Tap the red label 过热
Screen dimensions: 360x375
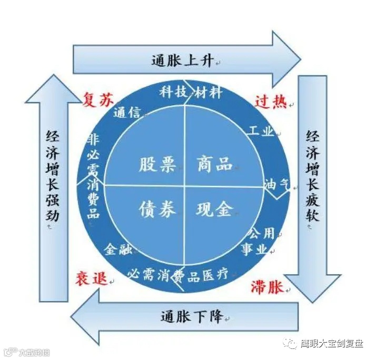coord(271,101)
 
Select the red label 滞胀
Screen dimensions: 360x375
coord(266,287)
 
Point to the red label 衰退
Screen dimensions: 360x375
coord(91,279)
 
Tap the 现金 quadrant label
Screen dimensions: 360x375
coord(214,209)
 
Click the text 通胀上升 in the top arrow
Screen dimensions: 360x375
coord(183,61)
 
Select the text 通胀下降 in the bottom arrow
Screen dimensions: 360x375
coord(191,317)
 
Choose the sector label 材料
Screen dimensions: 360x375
coord(208,93)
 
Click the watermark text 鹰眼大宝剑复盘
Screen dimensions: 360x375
coord(331,343)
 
